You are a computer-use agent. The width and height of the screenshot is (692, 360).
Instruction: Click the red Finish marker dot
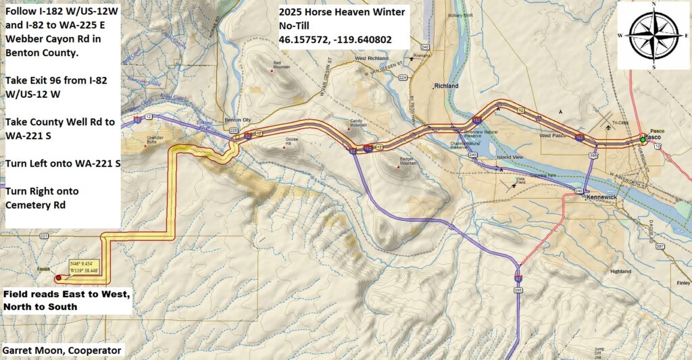(59, 278)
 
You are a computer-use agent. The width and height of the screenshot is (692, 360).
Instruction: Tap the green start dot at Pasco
(643, 140)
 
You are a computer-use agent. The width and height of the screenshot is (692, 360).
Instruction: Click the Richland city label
(447, 86)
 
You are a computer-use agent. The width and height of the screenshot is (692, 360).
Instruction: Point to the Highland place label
(620, 271)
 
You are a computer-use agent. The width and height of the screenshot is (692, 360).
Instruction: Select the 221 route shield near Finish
(45, 236)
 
